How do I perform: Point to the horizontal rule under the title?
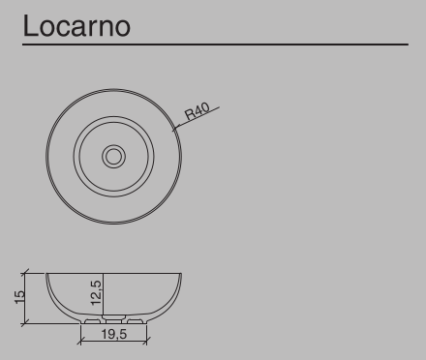(x=213, y=45)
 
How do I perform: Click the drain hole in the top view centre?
(x=114, y=154)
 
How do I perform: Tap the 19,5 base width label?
(x=113, y=335)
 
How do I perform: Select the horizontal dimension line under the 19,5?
(x=113, y=342)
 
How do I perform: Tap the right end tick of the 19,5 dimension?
(x=146, y=342)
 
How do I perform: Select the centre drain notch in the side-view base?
(x=113, y=319)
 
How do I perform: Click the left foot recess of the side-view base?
(x=93, y=319)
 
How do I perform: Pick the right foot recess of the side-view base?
(x=134, y=319)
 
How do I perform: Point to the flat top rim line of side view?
(x=113, y=274)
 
